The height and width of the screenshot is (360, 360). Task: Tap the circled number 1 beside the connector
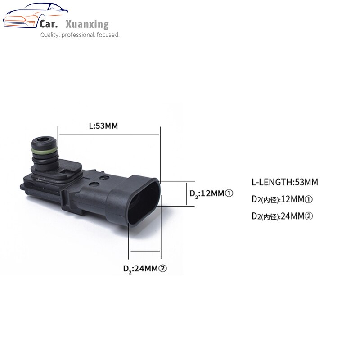click(x=228, y=193)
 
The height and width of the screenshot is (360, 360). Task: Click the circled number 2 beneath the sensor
click(x=163, y=268)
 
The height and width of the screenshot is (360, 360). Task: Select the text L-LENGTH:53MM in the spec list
click(x=284, y=182)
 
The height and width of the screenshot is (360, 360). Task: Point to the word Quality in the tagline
click(x=49, y=35)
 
